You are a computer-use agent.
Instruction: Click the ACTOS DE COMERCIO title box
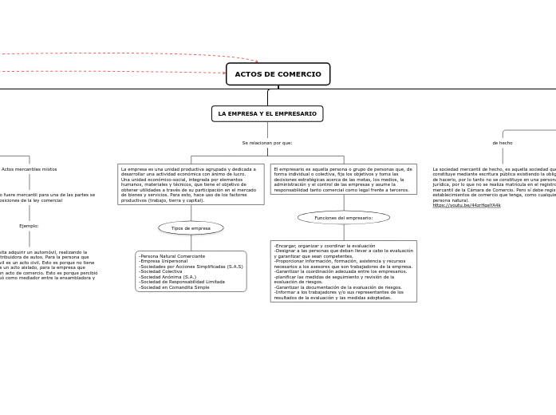click(278, 74)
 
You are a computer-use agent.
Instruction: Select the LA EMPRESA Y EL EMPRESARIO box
click(267, 114)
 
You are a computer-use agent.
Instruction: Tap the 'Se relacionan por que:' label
click(267, 143)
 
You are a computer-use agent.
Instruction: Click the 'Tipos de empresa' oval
click(191, 228)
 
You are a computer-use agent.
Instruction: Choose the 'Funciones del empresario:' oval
click(344, 218)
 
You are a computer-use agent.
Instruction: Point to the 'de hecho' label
click(503, 143)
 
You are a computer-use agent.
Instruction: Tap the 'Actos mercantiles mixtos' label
click(30, 169)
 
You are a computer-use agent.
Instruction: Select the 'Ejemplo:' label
click(29, 226)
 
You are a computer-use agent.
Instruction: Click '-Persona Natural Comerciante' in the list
click(172, 256)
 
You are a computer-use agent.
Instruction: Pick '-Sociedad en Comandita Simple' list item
click(174, 287)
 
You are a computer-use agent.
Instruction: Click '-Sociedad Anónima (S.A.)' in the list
click(168, 277)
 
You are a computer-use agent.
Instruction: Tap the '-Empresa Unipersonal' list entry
click(163, 262)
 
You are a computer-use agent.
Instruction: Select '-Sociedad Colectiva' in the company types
click(160, 271)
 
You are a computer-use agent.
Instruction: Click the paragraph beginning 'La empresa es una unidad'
click(190, 184)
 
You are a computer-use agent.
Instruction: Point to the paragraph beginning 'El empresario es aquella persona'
click(343, 180)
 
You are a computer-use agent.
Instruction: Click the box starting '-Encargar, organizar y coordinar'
click(343, 271)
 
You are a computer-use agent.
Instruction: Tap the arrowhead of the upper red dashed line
click(256, 60)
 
